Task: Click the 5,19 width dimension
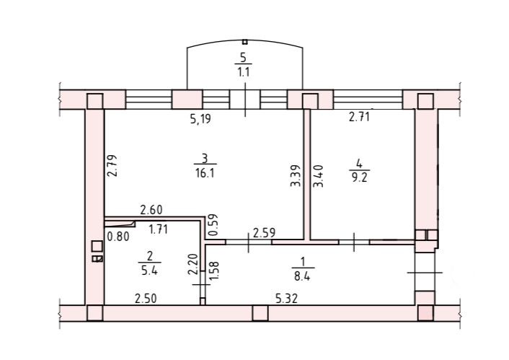(200, 120)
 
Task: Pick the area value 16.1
(204, 173)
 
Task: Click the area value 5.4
(150, 273)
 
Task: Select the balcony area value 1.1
(244, 71)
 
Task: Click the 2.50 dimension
(146, 297)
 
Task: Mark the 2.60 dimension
(151, 210)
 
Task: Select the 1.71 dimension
(159, 231)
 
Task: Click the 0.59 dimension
(212, 225)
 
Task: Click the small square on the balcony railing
(245, 43)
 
